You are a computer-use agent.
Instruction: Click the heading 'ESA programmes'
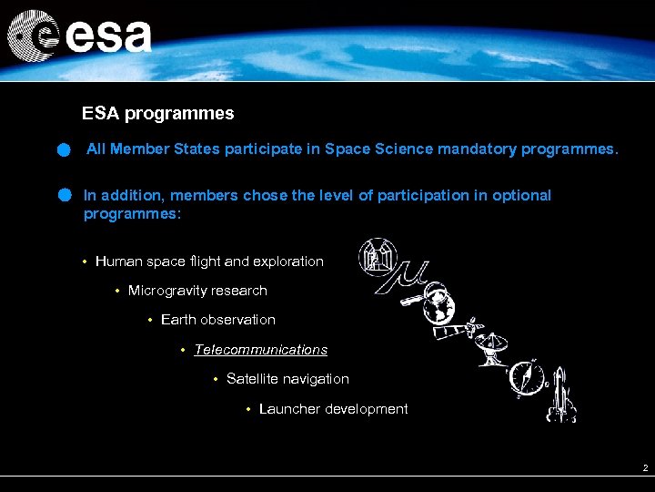157,114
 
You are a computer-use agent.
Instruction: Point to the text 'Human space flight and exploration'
209,261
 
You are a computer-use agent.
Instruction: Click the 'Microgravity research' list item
197,291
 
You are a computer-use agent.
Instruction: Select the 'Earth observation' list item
217,320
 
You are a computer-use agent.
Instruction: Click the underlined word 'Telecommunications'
260,350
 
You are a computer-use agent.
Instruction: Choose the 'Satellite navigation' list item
287,379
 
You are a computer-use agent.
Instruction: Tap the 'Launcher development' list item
333,409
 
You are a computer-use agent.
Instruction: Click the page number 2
644,467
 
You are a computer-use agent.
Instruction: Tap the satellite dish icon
492,346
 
